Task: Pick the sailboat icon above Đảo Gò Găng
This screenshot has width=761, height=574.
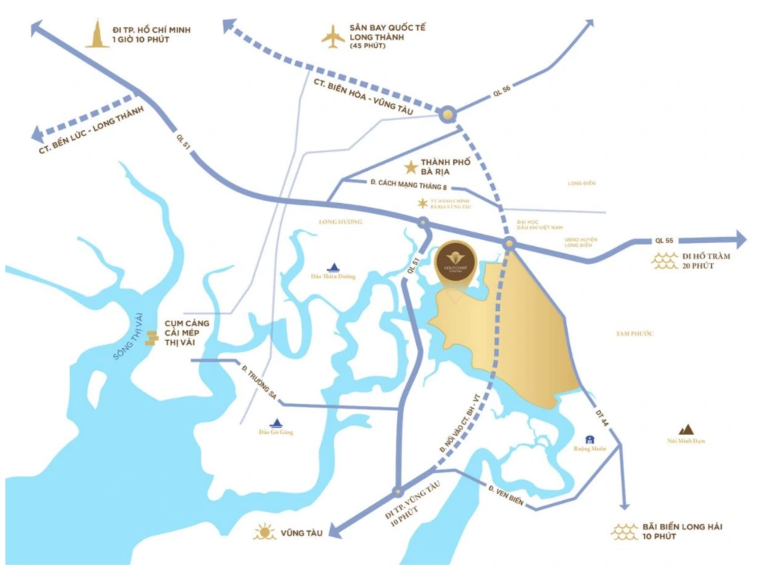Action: click(276, 422)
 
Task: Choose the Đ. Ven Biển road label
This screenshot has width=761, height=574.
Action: click(506, 494)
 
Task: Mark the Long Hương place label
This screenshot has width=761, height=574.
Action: click(339, 222)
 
